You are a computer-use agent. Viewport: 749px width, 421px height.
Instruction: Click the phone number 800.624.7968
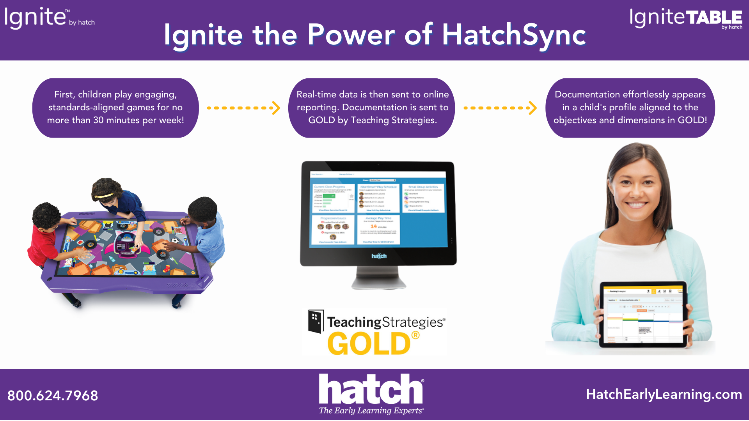coord(53,396)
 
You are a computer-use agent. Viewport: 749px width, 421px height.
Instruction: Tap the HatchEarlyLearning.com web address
coord(664,394)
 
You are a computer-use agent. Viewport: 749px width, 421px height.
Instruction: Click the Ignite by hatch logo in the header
coord(49,18)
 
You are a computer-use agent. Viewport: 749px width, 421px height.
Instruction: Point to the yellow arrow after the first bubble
coord(243,108)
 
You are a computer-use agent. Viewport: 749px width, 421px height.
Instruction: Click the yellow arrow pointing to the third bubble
coord(500,108)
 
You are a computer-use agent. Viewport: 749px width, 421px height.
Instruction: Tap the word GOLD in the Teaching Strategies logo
coord(369,344)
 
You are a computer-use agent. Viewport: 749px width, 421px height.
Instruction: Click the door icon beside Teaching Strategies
coord(316,321)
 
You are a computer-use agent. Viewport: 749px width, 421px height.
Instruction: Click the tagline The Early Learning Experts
coord(371,410)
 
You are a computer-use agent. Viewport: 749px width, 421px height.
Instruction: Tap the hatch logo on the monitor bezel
coord(379,256)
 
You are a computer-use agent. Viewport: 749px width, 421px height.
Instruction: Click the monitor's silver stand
coord(378,278)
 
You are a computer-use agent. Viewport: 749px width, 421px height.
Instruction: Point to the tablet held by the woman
coord(643,314)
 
